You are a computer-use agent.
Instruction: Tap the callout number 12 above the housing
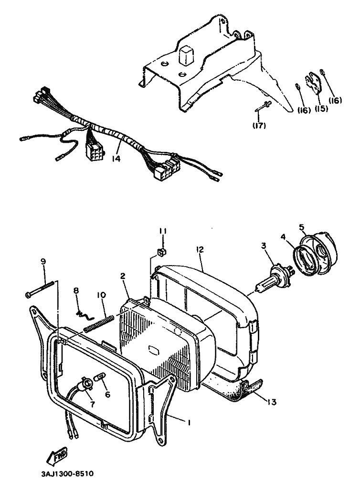200,249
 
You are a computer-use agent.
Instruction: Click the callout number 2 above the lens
123,277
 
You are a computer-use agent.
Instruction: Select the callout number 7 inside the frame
92,404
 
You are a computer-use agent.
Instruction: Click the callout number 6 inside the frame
107,395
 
